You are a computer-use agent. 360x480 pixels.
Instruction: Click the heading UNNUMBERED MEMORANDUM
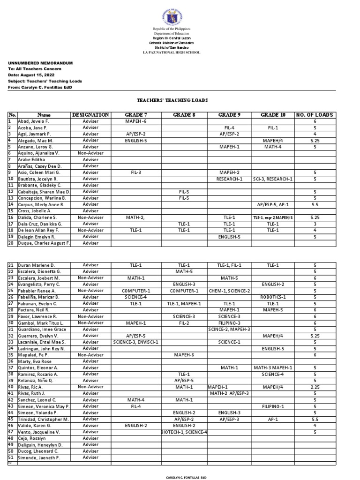40,63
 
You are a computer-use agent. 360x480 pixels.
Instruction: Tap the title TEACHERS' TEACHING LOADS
172,100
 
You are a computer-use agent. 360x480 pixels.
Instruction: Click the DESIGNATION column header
91,115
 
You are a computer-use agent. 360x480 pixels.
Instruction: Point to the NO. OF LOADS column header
315,115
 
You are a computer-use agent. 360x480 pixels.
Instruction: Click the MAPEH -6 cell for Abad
136,121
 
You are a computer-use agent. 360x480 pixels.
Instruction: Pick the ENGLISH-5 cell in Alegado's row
136,141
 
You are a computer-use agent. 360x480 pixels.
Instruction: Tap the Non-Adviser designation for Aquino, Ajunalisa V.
91,153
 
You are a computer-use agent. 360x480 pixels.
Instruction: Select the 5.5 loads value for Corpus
315,205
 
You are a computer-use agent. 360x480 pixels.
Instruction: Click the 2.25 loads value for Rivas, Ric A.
315,387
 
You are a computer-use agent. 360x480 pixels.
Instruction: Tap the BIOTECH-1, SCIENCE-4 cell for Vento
184,432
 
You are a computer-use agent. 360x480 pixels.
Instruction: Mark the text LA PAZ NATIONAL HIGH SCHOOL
172,52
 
